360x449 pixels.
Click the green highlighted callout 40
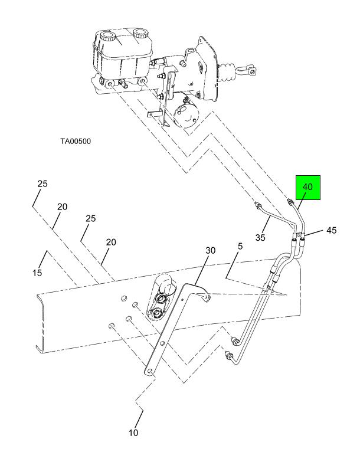(x=308, y=187)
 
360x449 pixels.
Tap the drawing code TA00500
(x=76, y=141)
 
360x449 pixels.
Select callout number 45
(x=331, y=230)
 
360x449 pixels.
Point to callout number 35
(x=260, y=237)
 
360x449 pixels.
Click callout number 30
(x=210, y=251)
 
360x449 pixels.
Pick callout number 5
(x=240, y=246)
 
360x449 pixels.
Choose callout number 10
(x=133, y=432)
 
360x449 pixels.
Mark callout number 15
(x=37, y=273)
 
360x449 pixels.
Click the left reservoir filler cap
(x=107, y=37)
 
